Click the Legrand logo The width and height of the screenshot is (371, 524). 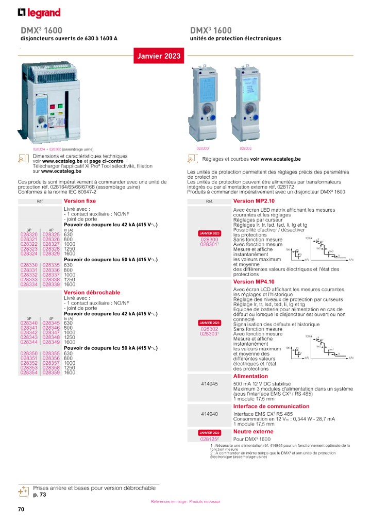(39, 12)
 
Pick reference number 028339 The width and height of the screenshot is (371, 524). (52, 284)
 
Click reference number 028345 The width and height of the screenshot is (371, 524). (52, 323)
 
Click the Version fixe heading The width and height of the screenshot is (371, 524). (79, 201)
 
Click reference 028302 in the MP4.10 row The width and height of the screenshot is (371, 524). (209, 329)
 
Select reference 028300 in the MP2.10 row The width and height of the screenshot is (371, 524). (209, 240)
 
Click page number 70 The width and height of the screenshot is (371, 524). (21, 510)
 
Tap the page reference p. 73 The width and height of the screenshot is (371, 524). (40, 495)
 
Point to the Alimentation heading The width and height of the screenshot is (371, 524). (250, 377)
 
